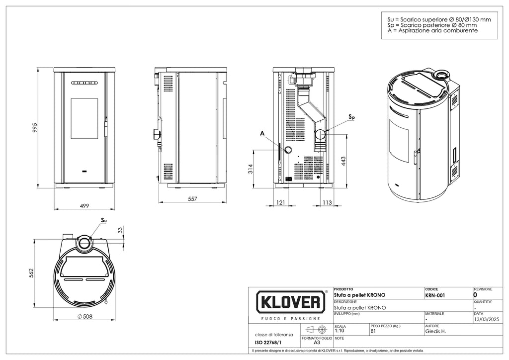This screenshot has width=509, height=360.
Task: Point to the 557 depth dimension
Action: coord(193,199)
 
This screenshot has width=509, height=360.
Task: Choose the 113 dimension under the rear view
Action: coord(327,203)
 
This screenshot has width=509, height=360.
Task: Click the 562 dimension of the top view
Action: coord(31,273)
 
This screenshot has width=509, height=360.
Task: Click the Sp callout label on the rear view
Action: coord(351,117)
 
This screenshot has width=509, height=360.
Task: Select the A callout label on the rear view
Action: coord(261,133)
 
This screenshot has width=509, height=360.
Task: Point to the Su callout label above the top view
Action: coord(103,219)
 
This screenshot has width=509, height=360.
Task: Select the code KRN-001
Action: coord(435,294)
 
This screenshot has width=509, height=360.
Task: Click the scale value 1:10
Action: coord(339,330)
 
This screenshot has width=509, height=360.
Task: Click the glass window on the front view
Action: coord(84,118)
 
